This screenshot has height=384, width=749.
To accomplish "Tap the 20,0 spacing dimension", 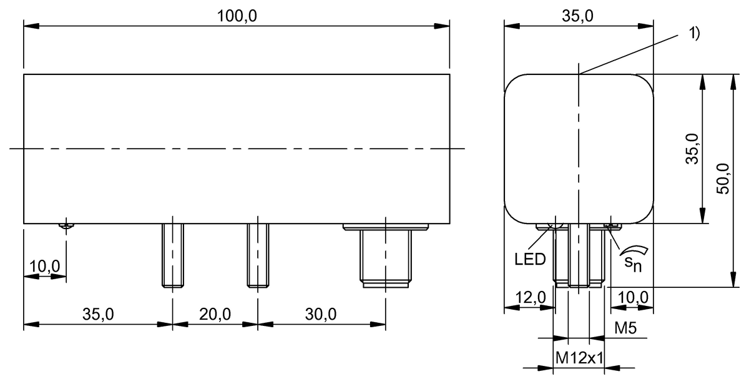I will [x=215, y=314].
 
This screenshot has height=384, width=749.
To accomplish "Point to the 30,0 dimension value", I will [x=321, y=314].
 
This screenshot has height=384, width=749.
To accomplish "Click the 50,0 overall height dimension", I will [x=723, y=180].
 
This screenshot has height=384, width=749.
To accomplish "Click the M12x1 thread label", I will [x=579, y=358].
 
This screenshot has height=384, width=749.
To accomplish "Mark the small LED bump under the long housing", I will [x=66, y=226].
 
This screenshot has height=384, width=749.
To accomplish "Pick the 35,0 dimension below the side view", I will [x=98, y=314].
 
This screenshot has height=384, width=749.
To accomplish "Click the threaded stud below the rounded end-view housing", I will [x=579, y=256].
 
